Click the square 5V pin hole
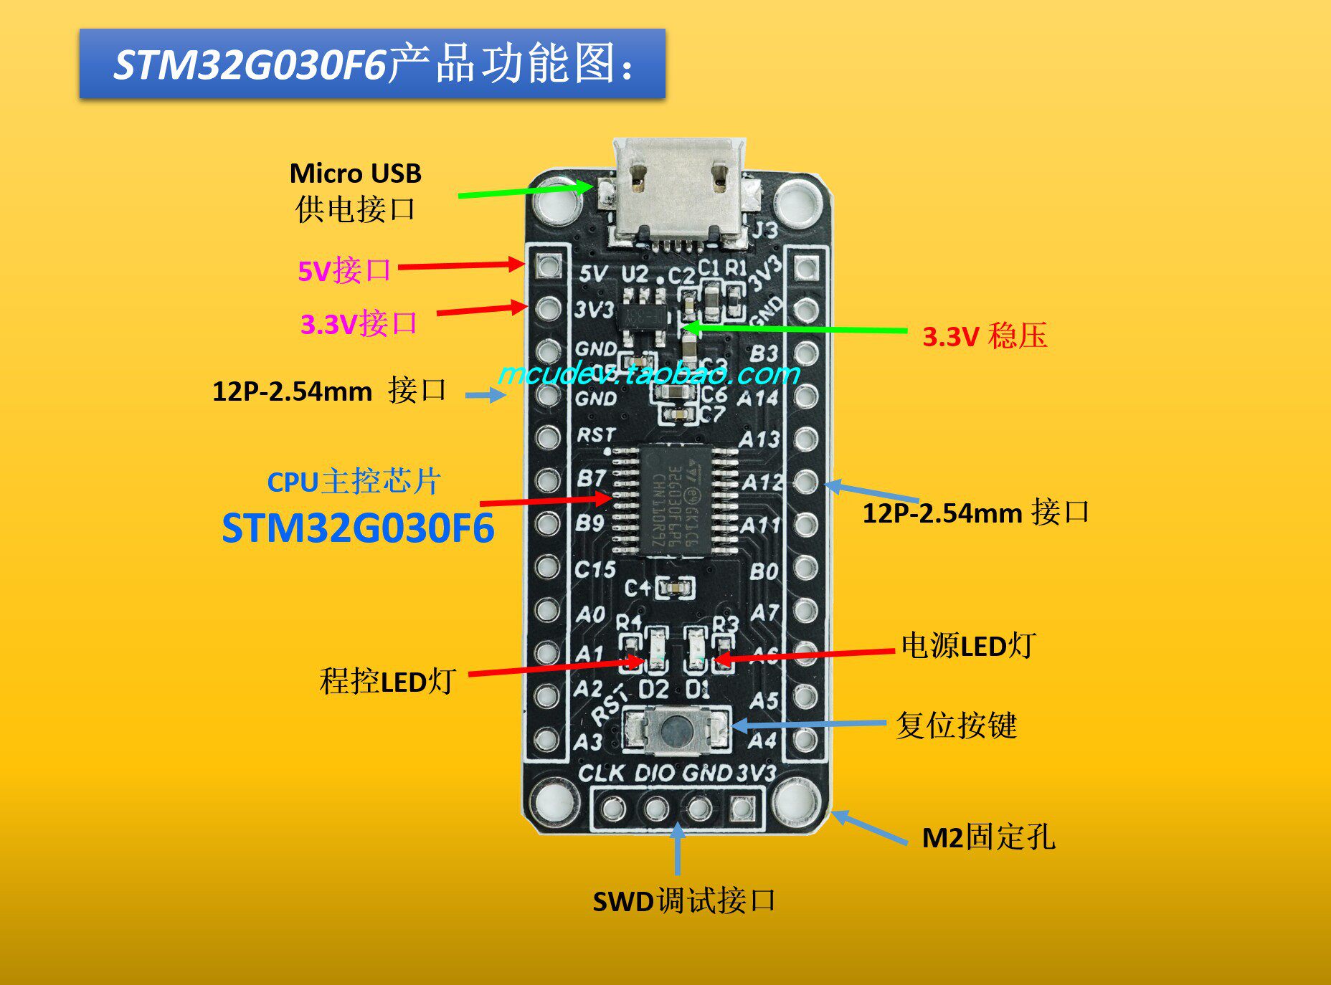[x=549, y=267]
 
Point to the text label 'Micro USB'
[x=355, y=173]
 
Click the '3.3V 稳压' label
[x=984, y=336]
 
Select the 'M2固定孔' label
[x=987, y=837]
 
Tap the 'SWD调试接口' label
[x=683, y=901]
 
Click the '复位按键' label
[x=955, y=725]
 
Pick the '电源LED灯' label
[x=967, y=646]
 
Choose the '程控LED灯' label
[x=387, y=681]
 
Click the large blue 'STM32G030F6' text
[x=358, y=528]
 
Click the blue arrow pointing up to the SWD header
[x=677, y=850]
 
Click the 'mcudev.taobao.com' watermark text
[x=648, y=373]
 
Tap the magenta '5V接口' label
[x=344, y=271]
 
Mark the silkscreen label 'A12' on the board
[x=761, y=482]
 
